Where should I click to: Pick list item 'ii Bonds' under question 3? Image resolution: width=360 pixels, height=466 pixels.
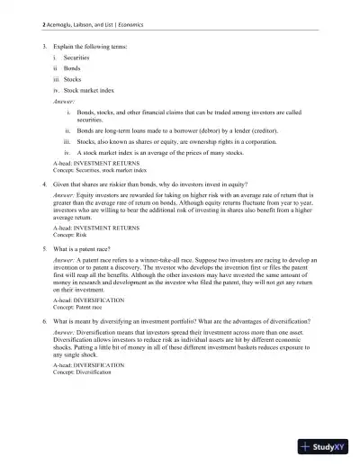click(x=67, y=67)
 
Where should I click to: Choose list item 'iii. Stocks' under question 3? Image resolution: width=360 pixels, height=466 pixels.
click(x=68, y=78)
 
